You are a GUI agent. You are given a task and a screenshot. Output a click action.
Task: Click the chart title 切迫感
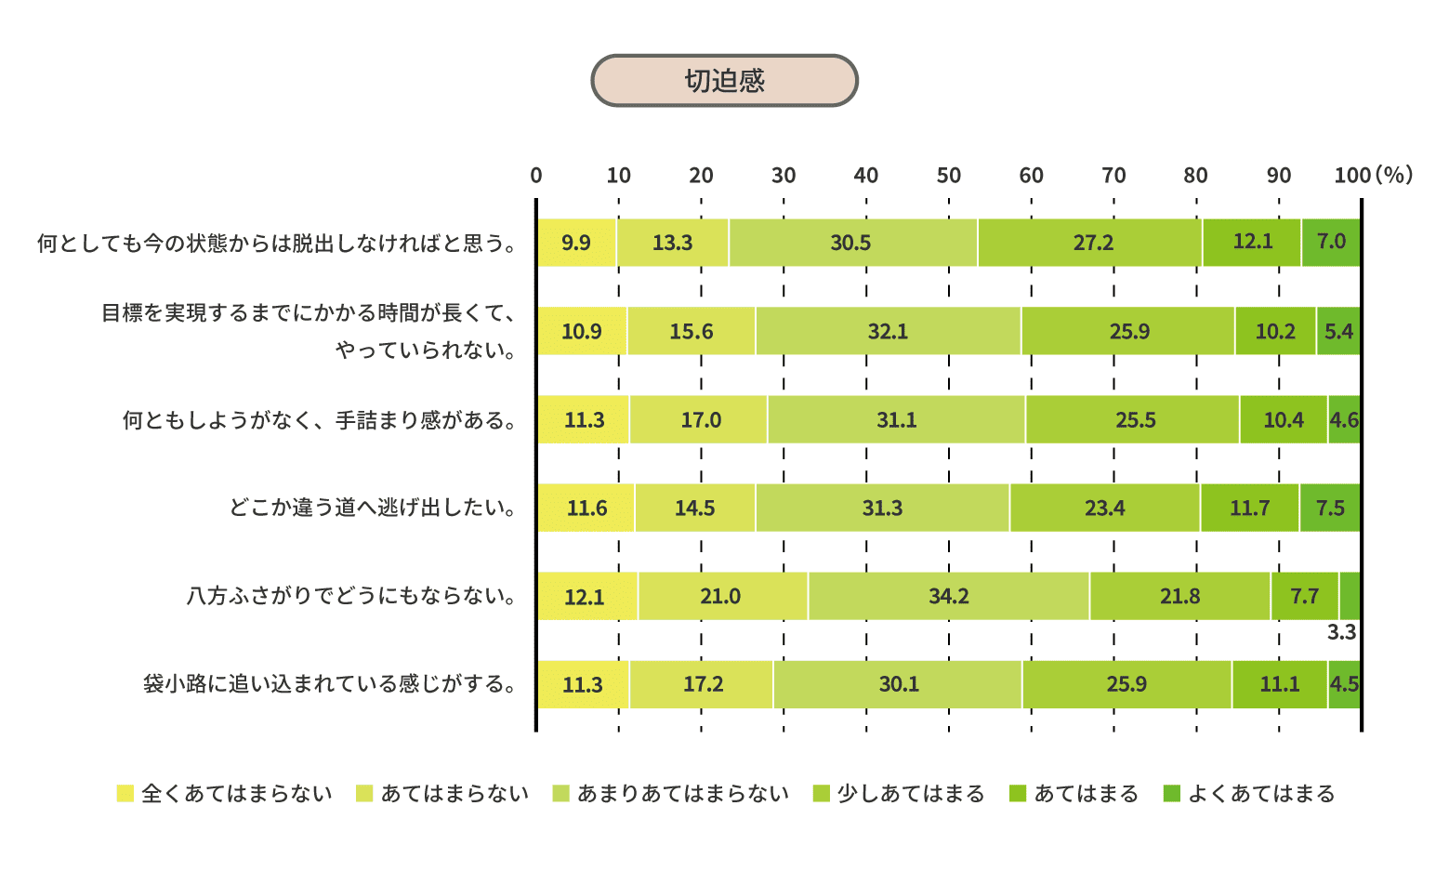pos(724,81)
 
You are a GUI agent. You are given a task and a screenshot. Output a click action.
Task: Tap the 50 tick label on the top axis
pos(948,176)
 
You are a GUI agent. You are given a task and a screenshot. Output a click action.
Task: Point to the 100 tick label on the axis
pos(1352,176)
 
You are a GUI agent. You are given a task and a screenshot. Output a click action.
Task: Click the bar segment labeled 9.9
pos(576,243)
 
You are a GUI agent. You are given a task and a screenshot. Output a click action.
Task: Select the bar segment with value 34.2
pos(948,596)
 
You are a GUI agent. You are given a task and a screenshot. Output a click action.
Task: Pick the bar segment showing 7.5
pos(1330,508)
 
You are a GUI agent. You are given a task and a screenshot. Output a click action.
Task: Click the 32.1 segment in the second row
pos(888,331)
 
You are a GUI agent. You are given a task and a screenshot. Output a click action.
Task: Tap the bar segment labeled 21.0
pos(721,596)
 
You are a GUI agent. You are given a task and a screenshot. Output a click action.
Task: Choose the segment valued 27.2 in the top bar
pos(1092,243)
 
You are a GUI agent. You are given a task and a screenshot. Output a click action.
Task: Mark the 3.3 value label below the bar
pos(1341,633)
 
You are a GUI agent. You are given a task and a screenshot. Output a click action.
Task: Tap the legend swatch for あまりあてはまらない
pos(560,794)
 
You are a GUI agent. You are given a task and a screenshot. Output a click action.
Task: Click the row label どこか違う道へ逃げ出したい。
pos(373,508)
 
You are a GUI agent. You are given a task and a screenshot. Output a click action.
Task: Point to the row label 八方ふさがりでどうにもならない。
pos(352,596)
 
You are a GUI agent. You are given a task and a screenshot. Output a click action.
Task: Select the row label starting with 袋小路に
pos(330,684)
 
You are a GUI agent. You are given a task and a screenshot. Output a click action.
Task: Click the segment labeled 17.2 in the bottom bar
pos(702,684)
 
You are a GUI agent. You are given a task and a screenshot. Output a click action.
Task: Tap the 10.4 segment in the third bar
pos(1283,419)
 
